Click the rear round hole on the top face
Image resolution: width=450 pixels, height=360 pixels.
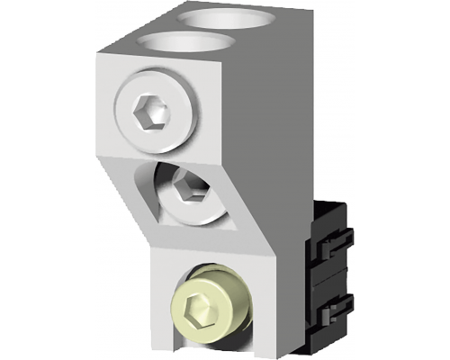tap(217, 17)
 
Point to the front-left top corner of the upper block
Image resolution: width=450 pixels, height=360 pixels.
tap(98, 55)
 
